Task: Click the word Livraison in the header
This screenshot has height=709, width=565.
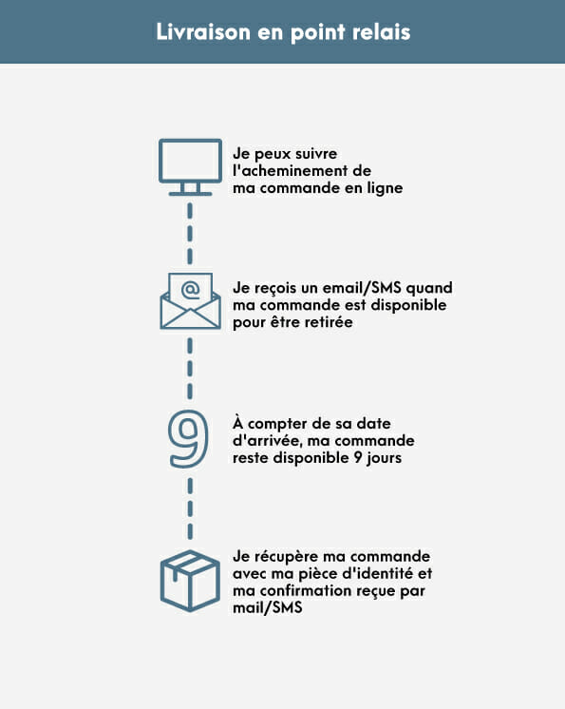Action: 203,31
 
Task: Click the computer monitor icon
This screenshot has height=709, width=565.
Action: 190,167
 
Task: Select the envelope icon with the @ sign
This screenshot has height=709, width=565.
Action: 190,300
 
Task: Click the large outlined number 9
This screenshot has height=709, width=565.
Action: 189,438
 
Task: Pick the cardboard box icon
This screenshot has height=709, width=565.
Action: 190,581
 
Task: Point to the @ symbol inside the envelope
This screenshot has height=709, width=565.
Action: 190,289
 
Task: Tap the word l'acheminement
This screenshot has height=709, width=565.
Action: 289,171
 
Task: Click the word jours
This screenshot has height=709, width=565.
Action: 384,458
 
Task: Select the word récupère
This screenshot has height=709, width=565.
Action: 285,557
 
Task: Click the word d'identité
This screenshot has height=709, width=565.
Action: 378,573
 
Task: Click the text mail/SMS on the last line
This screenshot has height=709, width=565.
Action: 268,608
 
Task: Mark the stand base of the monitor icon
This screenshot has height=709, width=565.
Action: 190,194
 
